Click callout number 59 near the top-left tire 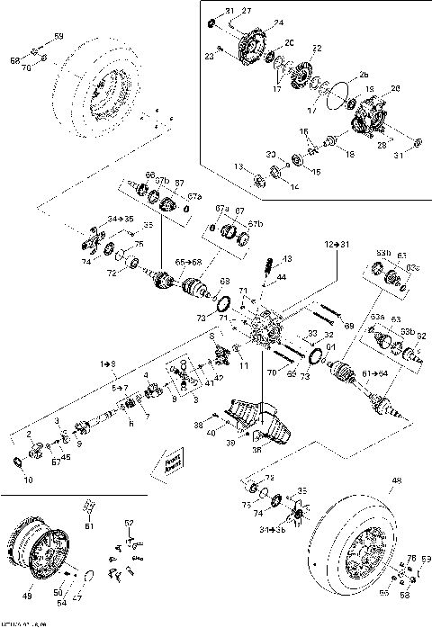[59, 36]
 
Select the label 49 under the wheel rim [26, 596]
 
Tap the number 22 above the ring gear [317, 47]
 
